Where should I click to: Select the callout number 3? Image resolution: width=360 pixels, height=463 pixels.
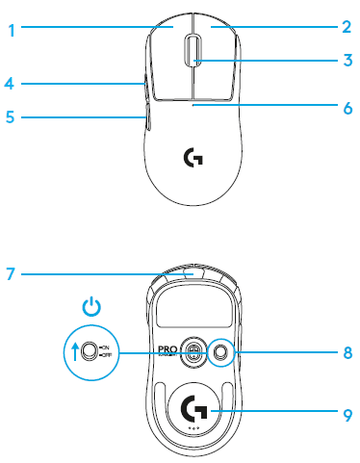pyautogui.click(x=346, y=61)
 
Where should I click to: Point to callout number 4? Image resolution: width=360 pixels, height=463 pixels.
pyautogui.click(x=9, y=84)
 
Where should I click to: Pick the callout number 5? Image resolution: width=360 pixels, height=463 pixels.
pyautogui.click(x=9, y=117)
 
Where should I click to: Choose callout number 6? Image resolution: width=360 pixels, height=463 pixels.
pyautogui.click(x=346, y=108)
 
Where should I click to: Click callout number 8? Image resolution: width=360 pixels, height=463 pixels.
pyautogui.click(x=346, y=352)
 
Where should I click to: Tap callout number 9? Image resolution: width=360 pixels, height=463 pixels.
pyautogui.click(x=346, y=415)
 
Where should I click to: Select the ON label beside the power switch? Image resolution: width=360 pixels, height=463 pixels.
pyautogui.click(x=105, y=347)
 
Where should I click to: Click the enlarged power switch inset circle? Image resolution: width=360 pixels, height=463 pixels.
pyautogui.click(x=90, y=352)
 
